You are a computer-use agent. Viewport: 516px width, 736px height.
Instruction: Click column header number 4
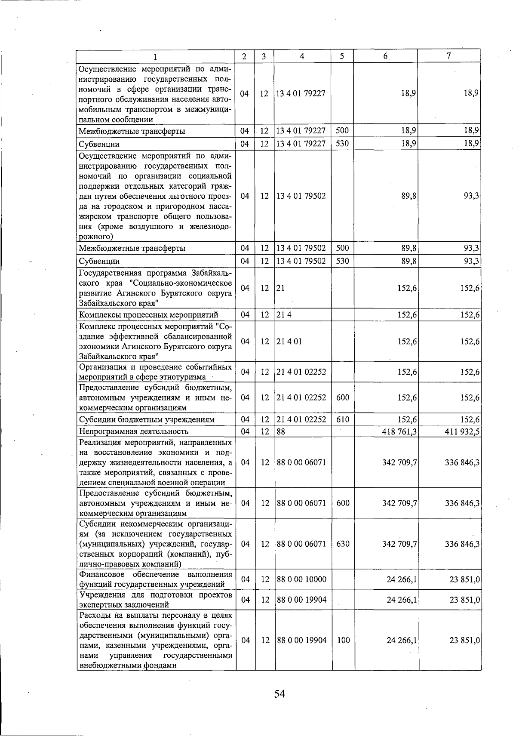click(x=302, y=56)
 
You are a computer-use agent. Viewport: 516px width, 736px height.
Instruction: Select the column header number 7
click(x=448, y=56)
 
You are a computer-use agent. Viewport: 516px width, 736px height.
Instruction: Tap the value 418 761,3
click(x=399, y=431)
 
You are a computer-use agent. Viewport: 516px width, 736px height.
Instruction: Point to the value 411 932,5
click(x=462, y=431)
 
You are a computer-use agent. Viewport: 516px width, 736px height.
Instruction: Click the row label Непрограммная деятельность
click(x=134, y=431)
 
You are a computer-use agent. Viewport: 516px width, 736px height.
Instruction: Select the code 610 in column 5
click(x=342, y=419)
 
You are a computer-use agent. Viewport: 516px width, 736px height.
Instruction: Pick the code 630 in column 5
click(x=343, y=544)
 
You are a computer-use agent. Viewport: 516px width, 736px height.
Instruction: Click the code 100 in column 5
click(x=343, y=640)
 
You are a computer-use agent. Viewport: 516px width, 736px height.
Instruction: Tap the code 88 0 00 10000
click(x=302, y=579)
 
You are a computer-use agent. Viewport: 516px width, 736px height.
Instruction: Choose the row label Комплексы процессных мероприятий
click(x=148, y=315)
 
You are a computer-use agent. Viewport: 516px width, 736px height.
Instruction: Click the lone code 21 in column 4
click(x=280, y=288)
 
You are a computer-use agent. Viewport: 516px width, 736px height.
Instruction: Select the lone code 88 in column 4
click(x=281, y=431)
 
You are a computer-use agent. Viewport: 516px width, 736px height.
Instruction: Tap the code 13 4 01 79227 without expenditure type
click(x=301, y=94)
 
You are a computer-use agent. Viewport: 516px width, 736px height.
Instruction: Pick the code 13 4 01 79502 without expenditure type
click(x=301, y=196)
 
